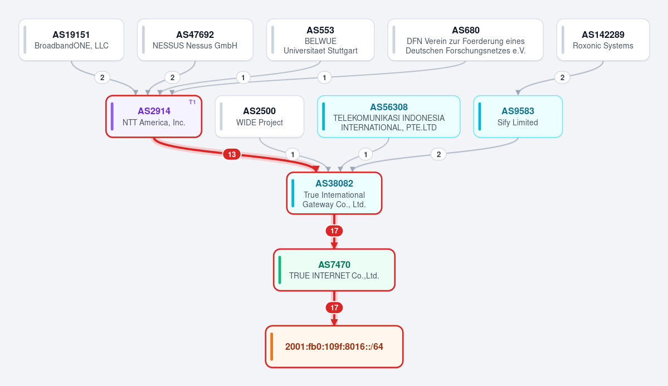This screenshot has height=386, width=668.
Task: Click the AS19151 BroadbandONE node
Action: tap(71, 40)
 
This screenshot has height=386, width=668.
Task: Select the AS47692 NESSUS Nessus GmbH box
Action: tap(195, 40)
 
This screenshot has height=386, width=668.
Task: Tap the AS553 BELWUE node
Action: tap(320, 40)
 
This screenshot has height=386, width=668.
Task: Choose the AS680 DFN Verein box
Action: tap(465, 40)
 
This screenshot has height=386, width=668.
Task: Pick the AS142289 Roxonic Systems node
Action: tap(603, 40)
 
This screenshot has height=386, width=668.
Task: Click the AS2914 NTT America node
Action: tap(154, 116)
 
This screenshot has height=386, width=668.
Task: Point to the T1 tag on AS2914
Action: tap(192, 102)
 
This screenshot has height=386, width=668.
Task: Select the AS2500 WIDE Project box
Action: tap(260, 116)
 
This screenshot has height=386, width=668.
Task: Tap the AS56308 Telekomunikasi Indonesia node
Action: tap(388, 116)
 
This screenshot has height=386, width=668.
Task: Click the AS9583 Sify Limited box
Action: tap(518, 116)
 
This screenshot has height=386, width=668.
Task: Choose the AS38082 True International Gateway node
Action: tap(334, 193)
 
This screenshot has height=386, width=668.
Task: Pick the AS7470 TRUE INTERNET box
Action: tap(334, 270)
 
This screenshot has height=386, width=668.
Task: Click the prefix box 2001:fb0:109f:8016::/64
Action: tap(334, 347)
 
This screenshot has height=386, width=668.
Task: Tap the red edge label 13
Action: tap(232, 154)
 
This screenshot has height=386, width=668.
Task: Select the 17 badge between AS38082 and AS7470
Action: tap(334, 231)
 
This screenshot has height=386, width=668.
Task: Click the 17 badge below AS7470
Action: tap(334, 307)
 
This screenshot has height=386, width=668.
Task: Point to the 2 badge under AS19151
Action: tap(103, 77)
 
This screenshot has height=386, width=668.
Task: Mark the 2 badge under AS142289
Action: tap(562, 77)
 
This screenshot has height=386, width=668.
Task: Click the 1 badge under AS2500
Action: tap(292, 154)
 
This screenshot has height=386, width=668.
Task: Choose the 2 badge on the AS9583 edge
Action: tap(439, 154)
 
